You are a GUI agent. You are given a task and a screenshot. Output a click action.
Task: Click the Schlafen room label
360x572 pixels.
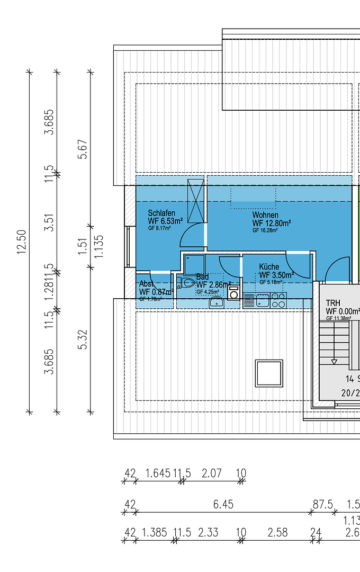point(161,213)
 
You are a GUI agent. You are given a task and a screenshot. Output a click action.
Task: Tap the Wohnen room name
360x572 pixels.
point(265,215)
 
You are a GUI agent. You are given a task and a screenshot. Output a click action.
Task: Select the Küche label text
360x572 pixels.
point(269,267)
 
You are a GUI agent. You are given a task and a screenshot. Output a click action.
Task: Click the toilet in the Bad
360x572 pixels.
point(186,282)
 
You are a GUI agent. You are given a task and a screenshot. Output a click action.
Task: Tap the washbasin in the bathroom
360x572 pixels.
point(216,302)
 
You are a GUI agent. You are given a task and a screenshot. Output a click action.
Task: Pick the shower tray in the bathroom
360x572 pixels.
point(194,265)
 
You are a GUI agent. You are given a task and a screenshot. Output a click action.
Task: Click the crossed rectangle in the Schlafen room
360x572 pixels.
point(195,201)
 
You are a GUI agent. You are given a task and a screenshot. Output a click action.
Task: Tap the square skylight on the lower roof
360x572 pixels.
point(269,373)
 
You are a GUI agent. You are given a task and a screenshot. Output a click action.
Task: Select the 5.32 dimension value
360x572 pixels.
point(82,339)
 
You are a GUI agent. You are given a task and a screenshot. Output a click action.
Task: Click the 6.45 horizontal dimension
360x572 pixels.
point(223,505)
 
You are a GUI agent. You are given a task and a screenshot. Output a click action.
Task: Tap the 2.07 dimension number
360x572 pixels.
point(211,473)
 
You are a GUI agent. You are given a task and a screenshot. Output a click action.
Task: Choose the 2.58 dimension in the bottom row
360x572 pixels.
point(277,532)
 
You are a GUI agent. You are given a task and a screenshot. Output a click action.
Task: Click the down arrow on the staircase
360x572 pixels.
point(334,362)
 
